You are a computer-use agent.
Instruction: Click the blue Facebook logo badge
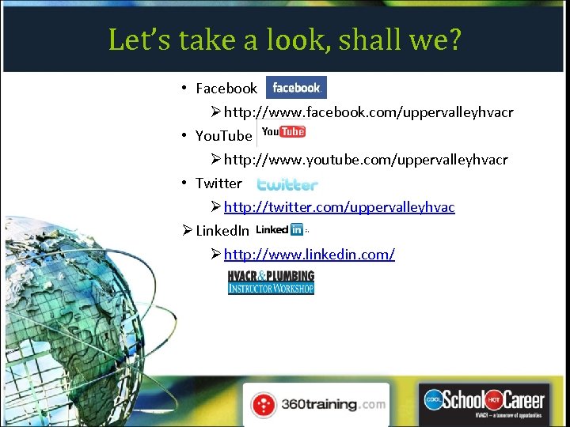[x=296, y=88]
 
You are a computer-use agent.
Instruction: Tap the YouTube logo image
[x=283, y=132]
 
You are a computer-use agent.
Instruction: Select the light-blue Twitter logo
[x=287, y=184]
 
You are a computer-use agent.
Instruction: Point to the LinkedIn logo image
[x=279, y=229]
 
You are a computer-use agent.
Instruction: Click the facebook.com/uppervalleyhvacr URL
[x=368, y=112]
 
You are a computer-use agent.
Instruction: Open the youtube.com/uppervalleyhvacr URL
[x=366, y=160]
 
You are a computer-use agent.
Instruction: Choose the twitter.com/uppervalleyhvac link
[x=339, y=207]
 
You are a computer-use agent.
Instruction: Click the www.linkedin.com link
[x=309, y=254]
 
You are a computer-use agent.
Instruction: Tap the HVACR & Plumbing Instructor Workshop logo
[x=271, y=282]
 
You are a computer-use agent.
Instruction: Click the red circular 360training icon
[x=264, y=405]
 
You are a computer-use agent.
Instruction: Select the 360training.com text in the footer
[x=333, y=405]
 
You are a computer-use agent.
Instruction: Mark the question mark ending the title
[x=453, y=39]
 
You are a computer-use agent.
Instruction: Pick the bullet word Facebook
[x=226, y=89]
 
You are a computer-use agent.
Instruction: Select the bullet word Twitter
[x=218, y=183]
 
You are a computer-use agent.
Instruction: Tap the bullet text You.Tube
[x=224, y=136]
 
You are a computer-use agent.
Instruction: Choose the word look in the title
[x=279, y=39]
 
